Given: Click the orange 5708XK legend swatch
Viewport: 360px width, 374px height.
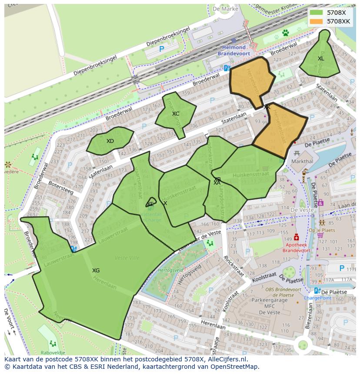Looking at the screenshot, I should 317,21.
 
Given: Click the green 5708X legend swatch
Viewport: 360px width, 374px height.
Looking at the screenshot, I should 317,13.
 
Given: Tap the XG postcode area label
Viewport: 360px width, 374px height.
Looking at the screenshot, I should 96,271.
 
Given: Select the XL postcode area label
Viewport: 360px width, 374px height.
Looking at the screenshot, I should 321,59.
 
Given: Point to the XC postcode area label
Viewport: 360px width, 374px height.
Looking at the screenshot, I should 176,114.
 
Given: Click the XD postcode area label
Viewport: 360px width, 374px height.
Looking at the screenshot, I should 110,141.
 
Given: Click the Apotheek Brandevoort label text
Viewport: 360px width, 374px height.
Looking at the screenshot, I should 297,248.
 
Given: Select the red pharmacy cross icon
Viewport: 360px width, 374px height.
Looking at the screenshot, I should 297,237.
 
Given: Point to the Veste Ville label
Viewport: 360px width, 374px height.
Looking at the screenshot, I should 127,258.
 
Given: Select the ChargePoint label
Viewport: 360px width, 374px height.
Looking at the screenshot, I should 317,298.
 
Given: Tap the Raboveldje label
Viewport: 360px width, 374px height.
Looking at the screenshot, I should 53,353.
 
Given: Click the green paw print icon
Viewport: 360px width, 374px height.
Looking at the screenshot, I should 286,33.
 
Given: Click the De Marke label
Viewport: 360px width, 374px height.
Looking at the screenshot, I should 226,9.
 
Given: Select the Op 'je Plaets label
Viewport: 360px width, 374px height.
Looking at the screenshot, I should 322,230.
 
